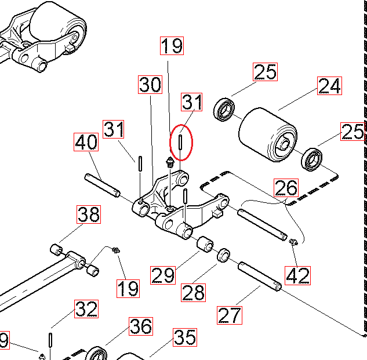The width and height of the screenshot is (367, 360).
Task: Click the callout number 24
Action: click(x=329, y=86)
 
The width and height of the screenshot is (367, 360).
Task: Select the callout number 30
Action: click(x=150, y=85)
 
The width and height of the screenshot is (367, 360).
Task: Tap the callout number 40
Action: click(x=86, y=142)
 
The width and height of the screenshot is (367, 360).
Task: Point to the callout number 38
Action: click(x=89, y=214)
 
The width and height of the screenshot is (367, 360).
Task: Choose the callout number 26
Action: click(x=286, y=188)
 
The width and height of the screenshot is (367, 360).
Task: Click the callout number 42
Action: click(x=298, y=275)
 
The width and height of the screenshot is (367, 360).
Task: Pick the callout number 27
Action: click(x=230, y=315)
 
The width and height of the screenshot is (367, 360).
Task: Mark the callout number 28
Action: click(x=193, y=293)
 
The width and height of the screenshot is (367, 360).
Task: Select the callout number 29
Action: click(x=163, y=275)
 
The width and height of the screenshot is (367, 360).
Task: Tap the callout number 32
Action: click(x=86, y=309)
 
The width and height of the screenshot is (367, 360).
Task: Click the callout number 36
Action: click(x=141, y=326)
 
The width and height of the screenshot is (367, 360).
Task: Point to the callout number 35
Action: click(x=185, y=337)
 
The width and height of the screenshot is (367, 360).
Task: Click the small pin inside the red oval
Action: click(x=180, y=142)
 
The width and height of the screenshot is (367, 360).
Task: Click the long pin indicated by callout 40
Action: click(x=102, y=186)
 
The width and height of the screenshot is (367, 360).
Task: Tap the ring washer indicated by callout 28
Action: click(x=224, y=256)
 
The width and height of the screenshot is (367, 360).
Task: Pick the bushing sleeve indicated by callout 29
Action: click(x=205, y=245)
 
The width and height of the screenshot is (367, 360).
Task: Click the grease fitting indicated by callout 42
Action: click(x=293, y=242)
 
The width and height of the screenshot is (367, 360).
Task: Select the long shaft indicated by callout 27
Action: click(x=260, y=276)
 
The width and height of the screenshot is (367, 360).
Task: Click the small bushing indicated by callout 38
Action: click(x=56, y=250)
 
